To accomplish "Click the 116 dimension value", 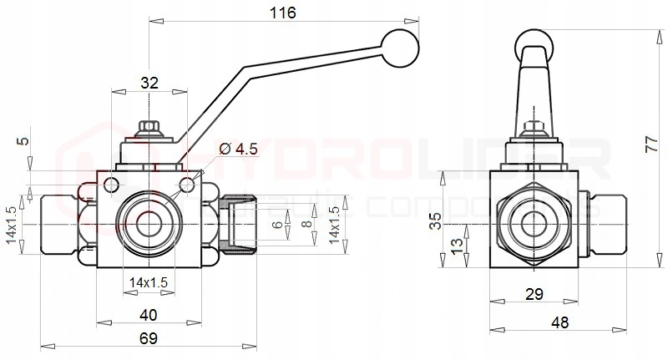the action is point(283,13).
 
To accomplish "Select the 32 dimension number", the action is point(149,82).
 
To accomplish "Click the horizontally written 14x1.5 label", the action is point(149,283).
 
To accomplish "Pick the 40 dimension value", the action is point(149,315).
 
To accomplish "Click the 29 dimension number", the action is point(534,293).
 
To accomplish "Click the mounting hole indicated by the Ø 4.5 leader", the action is point(189,183).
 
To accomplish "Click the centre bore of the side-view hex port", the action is point(534,224).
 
